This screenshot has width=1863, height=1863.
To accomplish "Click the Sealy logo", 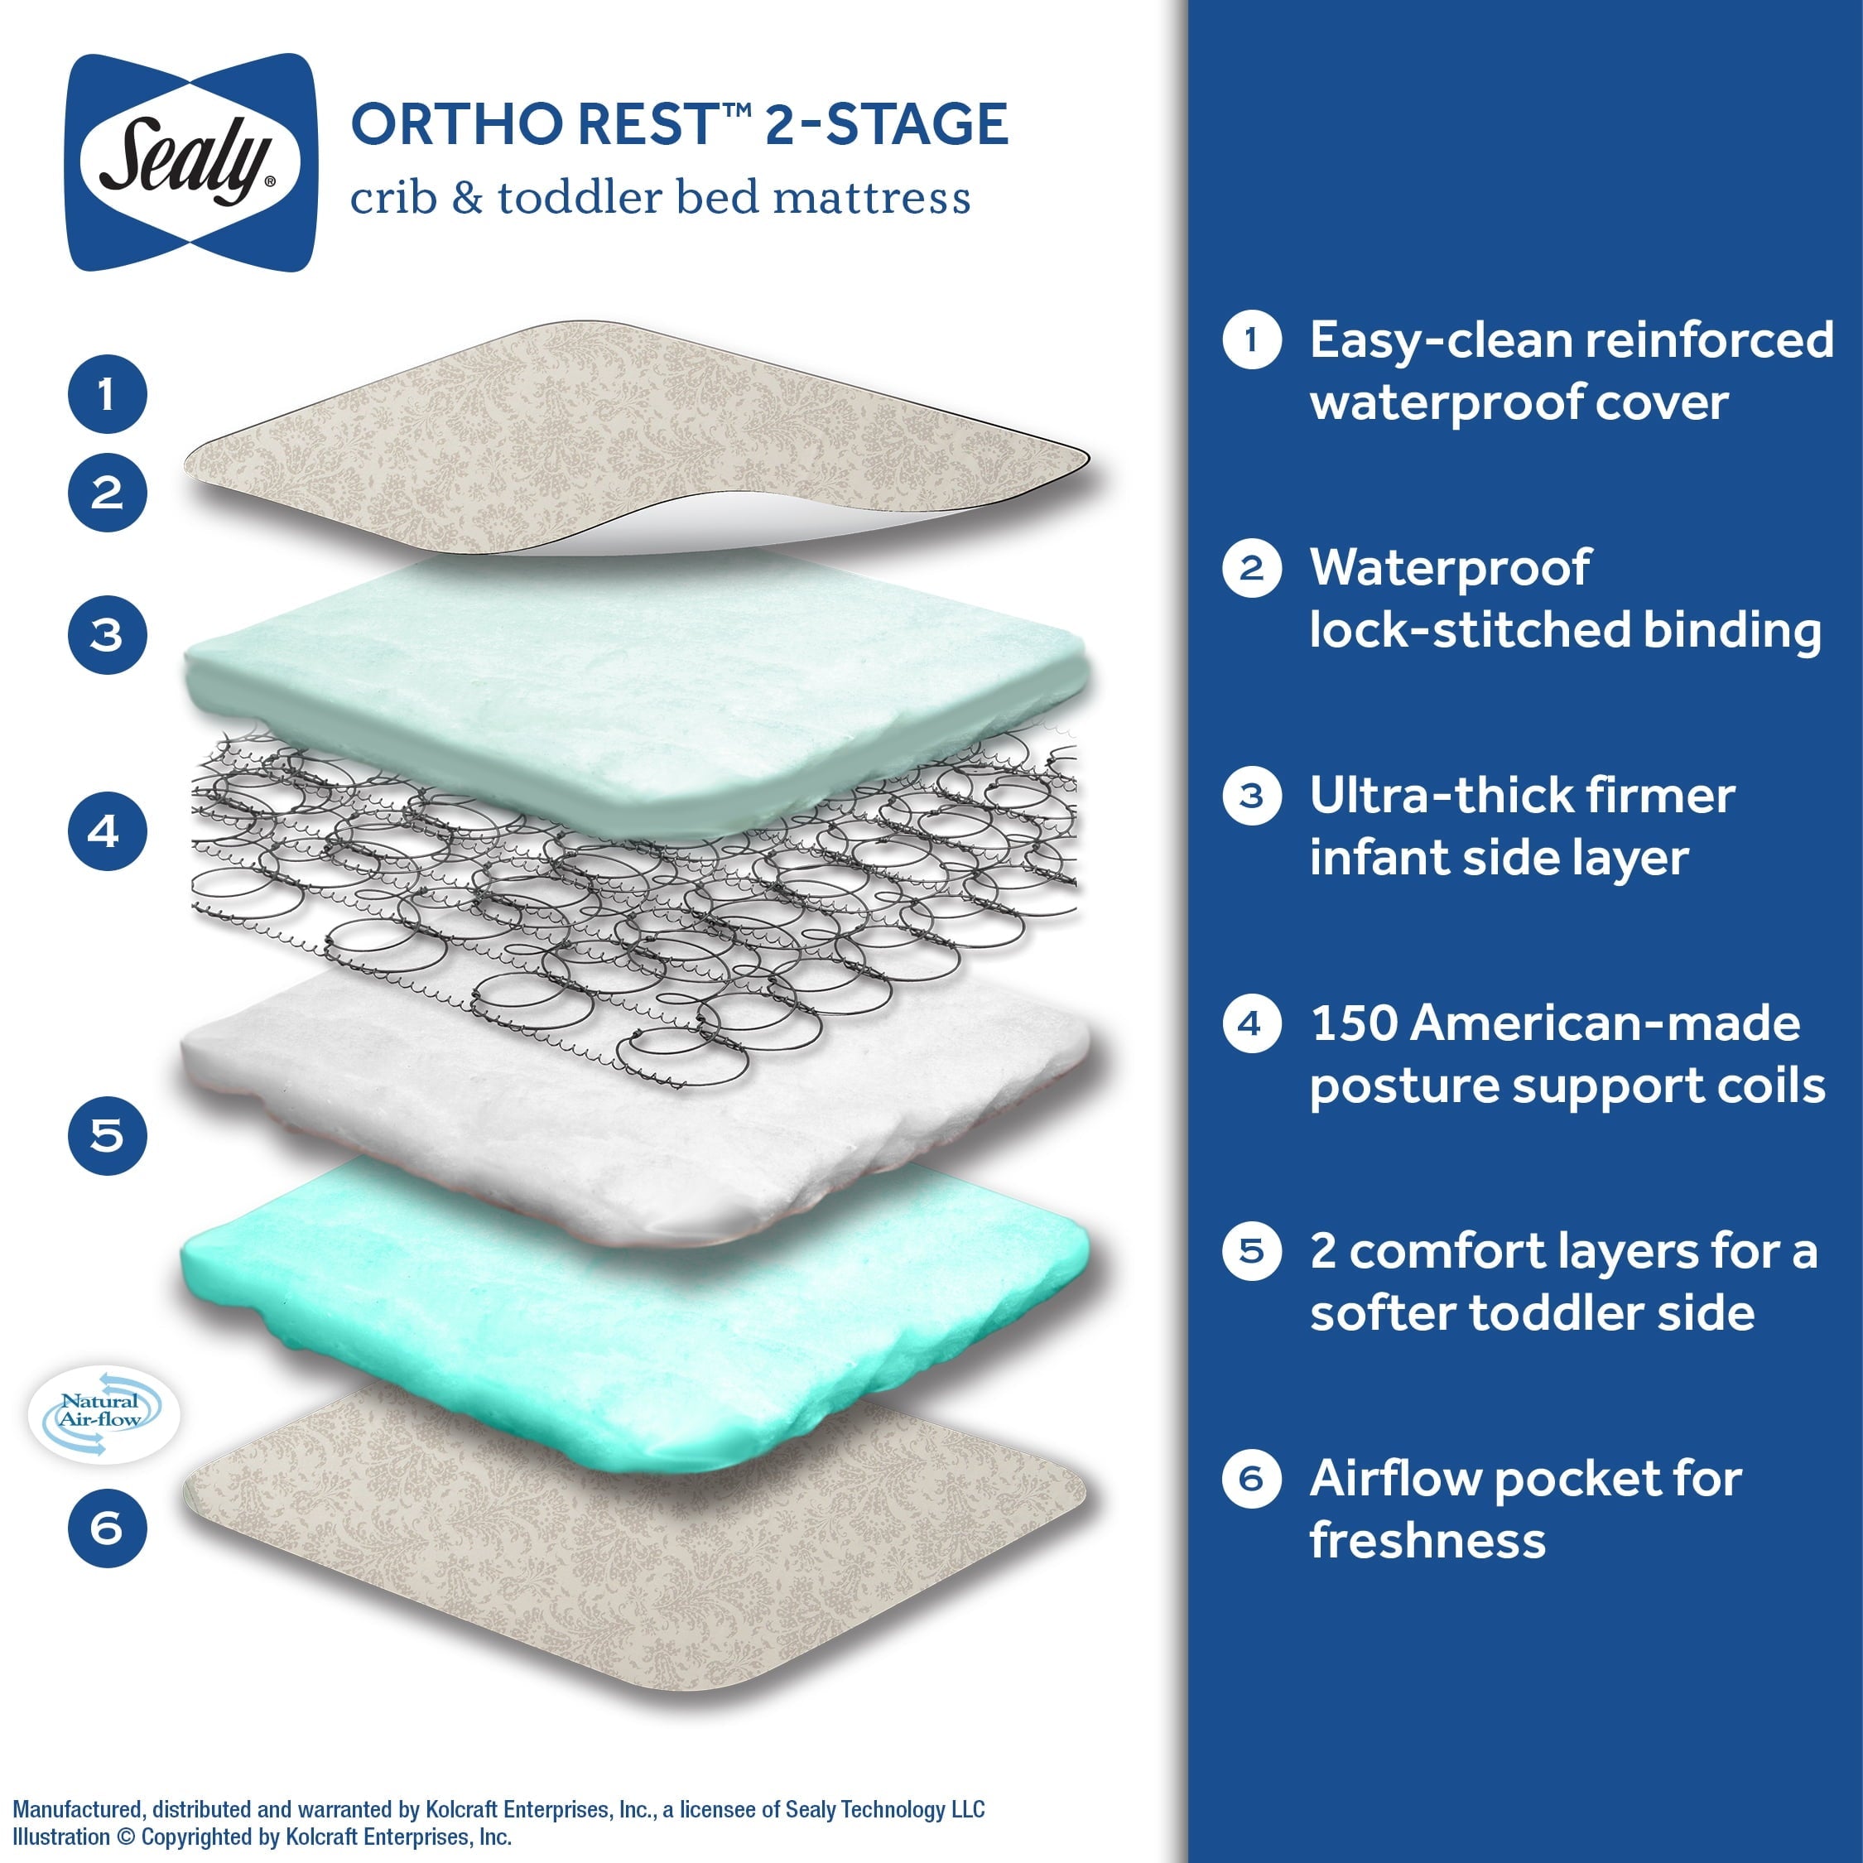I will point(190,162).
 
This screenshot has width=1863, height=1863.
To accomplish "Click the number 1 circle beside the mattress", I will point(107,393).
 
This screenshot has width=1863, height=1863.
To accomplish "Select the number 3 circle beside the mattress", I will point(107,634).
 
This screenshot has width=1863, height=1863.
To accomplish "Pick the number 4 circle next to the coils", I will point(107,831).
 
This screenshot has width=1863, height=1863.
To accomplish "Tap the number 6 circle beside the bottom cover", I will point(107,1528).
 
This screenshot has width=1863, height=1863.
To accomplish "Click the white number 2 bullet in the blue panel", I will point(1250,568).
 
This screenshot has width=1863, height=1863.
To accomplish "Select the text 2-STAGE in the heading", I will point(886,124).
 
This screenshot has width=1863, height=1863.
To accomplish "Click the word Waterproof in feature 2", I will point(1449,568).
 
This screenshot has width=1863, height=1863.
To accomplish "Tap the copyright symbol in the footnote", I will point(125,1837).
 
